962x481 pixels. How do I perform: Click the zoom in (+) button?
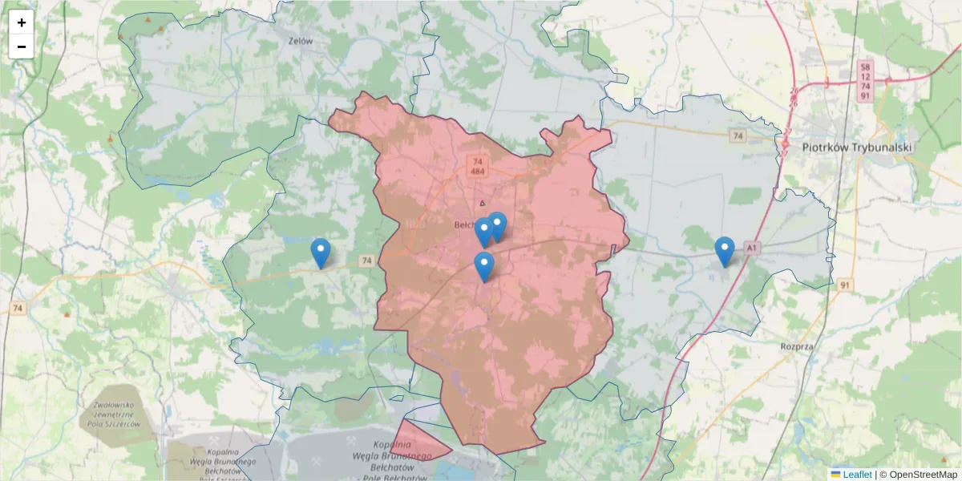pos(22,22)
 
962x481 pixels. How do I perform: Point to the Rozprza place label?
pos(797,346)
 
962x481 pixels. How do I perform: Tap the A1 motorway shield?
pos(751,249)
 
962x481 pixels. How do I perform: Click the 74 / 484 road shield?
pos(477,166)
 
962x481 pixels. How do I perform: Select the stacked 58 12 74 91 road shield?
pos(864,80)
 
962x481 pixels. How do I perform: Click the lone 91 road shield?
pos(845,285)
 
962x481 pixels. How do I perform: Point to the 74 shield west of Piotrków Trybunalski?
pos(738,136)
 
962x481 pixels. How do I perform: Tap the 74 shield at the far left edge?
pos(18,308)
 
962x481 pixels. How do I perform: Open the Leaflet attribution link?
pos(856,475)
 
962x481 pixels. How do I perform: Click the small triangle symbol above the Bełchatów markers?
pos(483,204)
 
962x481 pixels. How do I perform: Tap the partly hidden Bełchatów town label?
pos(464,225)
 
